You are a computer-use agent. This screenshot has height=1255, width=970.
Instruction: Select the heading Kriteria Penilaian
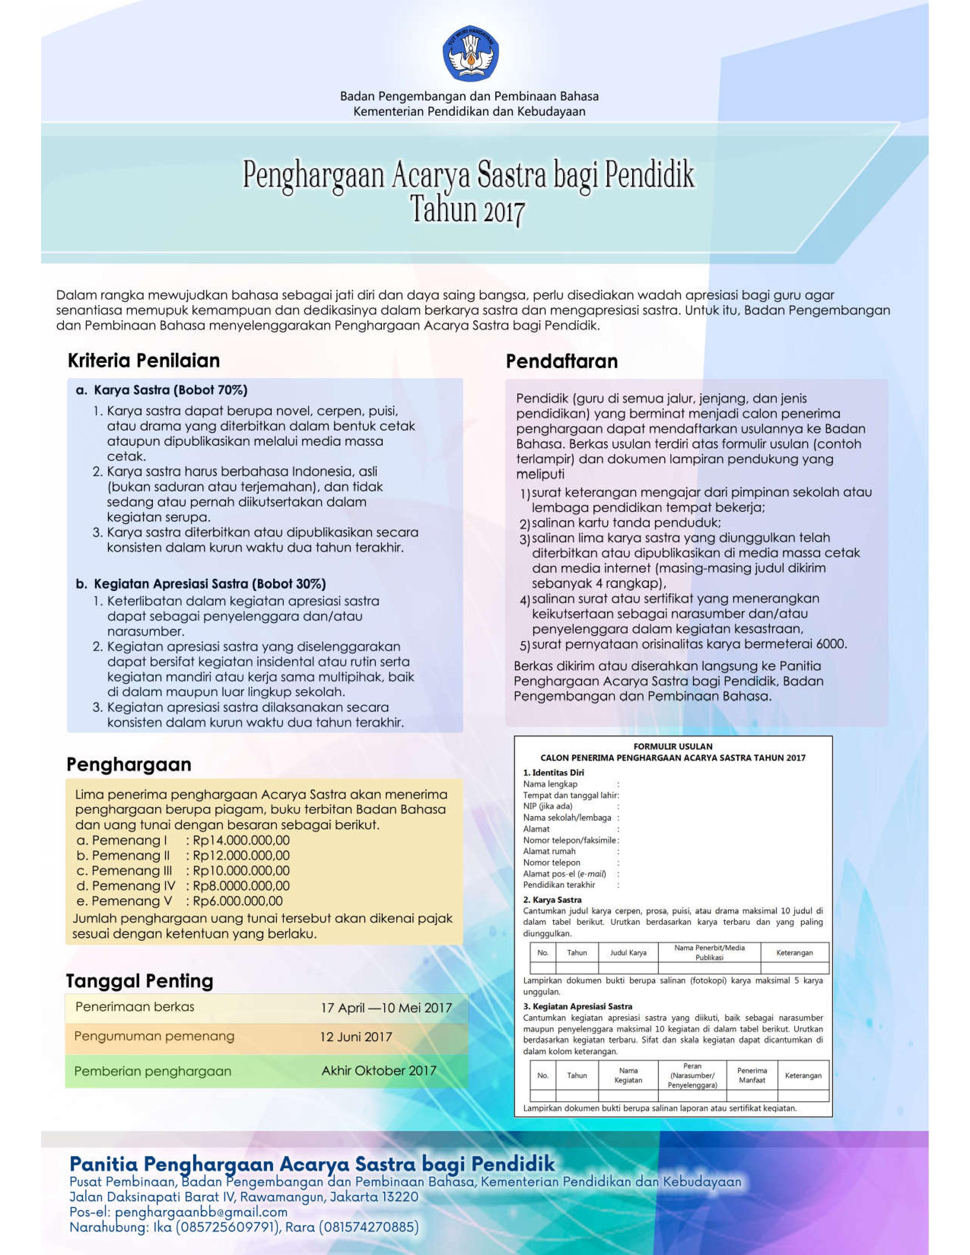(x=144, y=361)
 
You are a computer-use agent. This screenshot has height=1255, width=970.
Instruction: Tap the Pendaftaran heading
(x=561, y=361)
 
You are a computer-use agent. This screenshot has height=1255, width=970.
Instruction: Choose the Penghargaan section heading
(x=129, y=765)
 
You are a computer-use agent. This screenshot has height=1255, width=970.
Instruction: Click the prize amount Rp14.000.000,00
(x=241, y=840)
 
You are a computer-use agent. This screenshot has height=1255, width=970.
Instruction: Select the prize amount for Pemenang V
(x=238, y=901)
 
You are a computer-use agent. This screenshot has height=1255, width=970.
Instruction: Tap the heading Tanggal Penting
(x=140, y=981)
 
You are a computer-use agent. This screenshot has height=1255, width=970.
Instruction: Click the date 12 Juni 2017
(x=356, y=1037)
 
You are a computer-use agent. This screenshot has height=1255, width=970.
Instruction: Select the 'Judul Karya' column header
(x=628, y=953)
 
